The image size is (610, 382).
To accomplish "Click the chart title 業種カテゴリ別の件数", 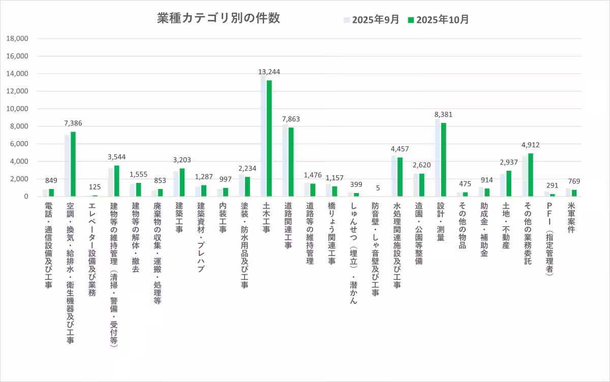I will click(218, 18).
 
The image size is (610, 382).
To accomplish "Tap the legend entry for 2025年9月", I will click(371, 20).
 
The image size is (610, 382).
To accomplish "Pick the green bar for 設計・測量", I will click(444, 160).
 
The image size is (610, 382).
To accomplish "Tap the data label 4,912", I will click(531, 145).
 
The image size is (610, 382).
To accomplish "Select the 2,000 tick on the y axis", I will click(19, 179).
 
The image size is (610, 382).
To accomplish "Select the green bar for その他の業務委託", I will click(531, 175).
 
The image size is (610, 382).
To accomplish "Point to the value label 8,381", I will click(444, 114).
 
